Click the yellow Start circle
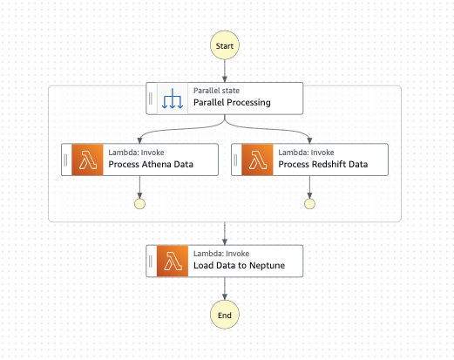[x=225, y=44]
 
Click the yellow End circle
[x=225, y=314]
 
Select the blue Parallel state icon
[x=173, y=98]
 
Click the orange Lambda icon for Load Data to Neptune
[x=173, y=261]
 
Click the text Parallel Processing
[x=232, y=103]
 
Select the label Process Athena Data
[x=150, y=164]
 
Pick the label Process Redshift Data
[x=322, y=164]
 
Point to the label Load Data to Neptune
[x=235, y=266]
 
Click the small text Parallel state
[x=215, y=90]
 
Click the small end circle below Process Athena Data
[x=139, y=204]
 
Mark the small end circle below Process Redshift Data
[x=309, y=204]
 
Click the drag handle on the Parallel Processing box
[x=151, y=98]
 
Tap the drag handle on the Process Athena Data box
[x=66, y=159]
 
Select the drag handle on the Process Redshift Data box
[x=236, y=159]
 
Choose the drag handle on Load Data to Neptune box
[x=151, y=261]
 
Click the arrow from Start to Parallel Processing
[x=225, y=71]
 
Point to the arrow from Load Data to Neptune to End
[x=225, y=289]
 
